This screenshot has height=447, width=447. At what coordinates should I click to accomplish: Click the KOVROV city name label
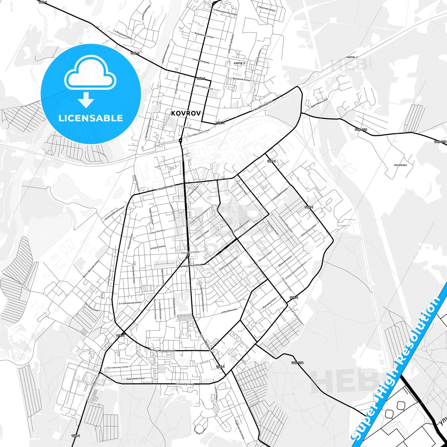(x=186, y=113)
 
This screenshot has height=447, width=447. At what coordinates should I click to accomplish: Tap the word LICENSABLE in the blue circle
(x=91, y=118)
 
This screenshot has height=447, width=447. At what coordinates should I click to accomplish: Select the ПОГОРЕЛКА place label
(x=400, y=165)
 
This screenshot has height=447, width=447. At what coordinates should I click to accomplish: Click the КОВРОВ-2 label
(x=352, y=57)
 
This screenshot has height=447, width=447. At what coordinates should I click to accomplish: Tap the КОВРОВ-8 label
(x=239, y=63)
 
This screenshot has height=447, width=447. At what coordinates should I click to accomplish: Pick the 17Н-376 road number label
(x=297, y=363)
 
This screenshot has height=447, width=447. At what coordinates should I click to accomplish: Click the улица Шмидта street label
(x=165, y=187)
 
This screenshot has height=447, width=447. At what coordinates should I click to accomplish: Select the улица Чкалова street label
(x=190, y=265)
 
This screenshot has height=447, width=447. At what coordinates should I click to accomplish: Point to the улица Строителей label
(x=162, y=350)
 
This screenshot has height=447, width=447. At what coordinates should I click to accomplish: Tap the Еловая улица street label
(x=184, y=384)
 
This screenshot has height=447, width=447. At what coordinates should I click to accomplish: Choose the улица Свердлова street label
(x=263, y=105)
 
